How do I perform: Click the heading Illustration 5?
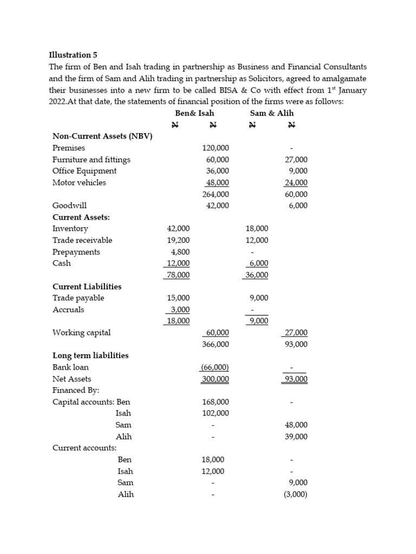69,55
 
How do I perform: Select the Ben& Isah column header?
194,113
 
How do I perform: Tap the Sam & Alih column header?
272,113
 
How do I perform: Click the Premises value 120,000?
216,148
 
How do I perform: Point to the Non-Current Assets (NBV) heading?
102,136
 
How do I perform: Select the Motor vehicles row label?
79,182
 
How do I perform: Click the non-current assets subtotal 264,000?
216,194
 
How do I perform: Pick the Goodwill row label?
69,206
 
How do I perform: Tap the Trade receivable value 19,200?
178,240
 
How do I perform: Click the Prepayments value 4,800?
180,252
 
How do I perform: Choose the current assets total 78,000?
177,275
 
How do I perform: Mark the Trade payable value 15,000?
178,298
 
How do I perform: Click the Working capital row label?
81,333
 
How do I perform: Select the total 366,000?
216,344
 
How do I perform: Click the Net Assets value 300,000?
216,379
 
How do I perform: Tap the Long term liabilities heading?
90,355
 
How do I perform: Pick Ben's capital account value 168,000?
216,402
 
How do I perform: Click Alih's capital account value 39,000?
296,437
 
